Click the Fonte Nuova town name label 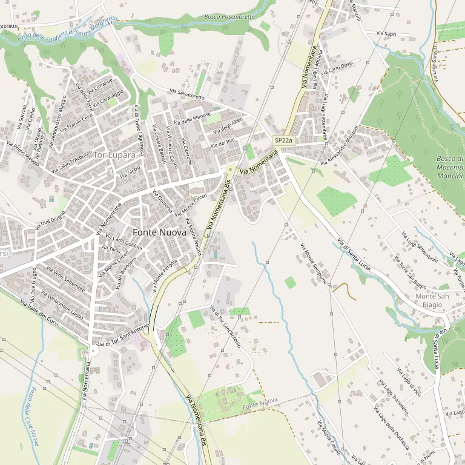click(x=154, y=232)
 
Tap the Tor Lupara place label click(x=114, y=155)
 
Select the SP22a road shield click(x=283, y=140)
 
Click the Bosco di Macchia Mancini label click(x=449, y=167)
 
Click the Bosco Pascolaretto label click(x=229, y=17)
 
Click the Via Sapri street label click(x=386, y=34)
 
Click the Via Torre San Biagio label click(x=411, y=272)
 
